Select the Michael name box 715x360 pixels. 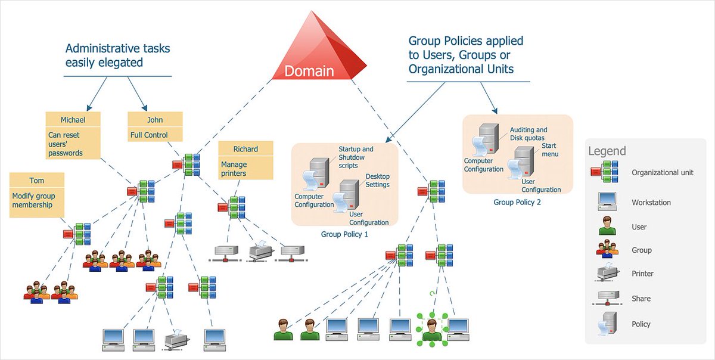point(73,120)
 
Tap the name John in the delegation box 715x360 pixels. point(155,120)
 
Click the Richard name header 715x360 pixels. point(245,149)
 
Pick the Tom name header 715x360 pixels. point(37,181)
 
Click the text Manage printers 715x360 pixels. point(234,169)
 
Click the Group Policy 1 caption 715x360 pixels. point(344,234)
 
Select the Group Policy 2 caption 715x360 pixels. point(517,202)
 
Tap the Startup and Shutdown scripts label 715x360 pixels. point(356,157)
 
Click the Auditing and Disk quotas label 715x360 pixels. point(528,134)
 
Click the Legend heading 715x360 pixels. point(607,151)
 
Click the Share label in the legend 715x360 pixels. point(641,299)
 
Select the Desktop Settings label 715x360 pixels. point(377,181)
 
